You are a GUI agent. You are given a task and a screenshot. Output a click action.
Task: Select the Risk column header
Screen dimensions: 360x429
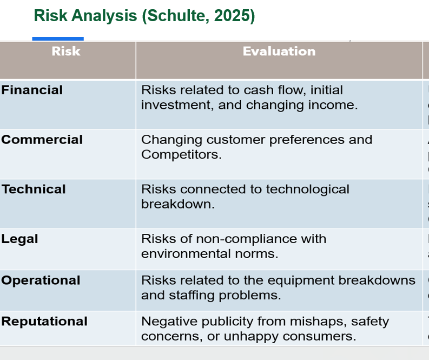tap(66, 51)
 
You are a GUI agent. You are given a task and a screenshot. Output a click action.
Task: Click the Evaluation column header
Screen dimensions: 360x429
tap(279, 51)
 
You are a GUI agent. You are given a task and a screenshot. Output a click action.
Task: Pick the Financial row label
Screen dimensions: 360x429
tap(32, 90)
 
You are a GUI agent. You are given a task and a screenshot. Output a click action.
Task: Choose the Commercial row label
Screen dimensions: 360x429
tap(42, 140)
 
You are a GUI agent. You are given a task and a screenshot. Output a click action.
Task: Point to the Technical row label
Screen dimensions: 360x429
tap(34, 189)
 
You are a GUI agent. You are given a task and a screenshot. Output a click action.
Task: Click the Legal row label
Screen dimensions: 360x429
tap(20, 239)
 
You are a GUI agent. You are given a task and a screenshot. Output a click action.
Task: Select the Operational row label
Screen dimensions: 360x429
tap(41, 280)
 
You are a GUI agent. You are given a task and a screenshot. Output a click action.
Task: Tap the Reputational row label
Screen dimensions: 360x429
tap(44, 322)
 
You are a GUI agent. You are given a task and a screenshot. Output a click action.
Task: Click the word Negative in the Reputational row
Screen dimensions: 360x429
tap(167, 322)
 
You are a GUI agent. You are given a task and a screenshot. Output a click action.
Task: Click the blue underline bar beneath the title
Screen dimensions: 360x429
tap(58, 38)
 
